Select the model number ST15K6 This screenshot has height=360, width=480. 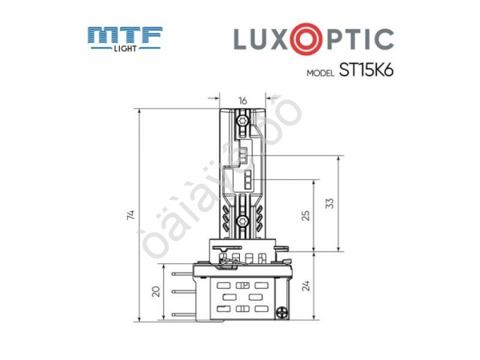pyautogui.click(x=366, y=70)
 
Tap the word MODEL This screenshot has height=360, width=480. pyautogui.click(x=322, y=72)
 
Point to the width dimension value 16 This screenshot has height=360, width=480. pyautogui.click(x=242, y=101)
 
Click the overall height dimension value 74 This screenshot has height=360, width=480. pyautogui.click(x=130, y=215)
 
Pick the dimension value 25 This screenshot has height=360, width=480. pyautogui.click(x=305, y=215)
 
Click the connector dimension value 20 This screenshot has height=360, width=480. pyautogui.click(x=155, y=293)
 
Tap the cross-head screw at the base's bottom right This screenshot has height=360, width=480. pyautogui.click(x=282, y=314)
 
